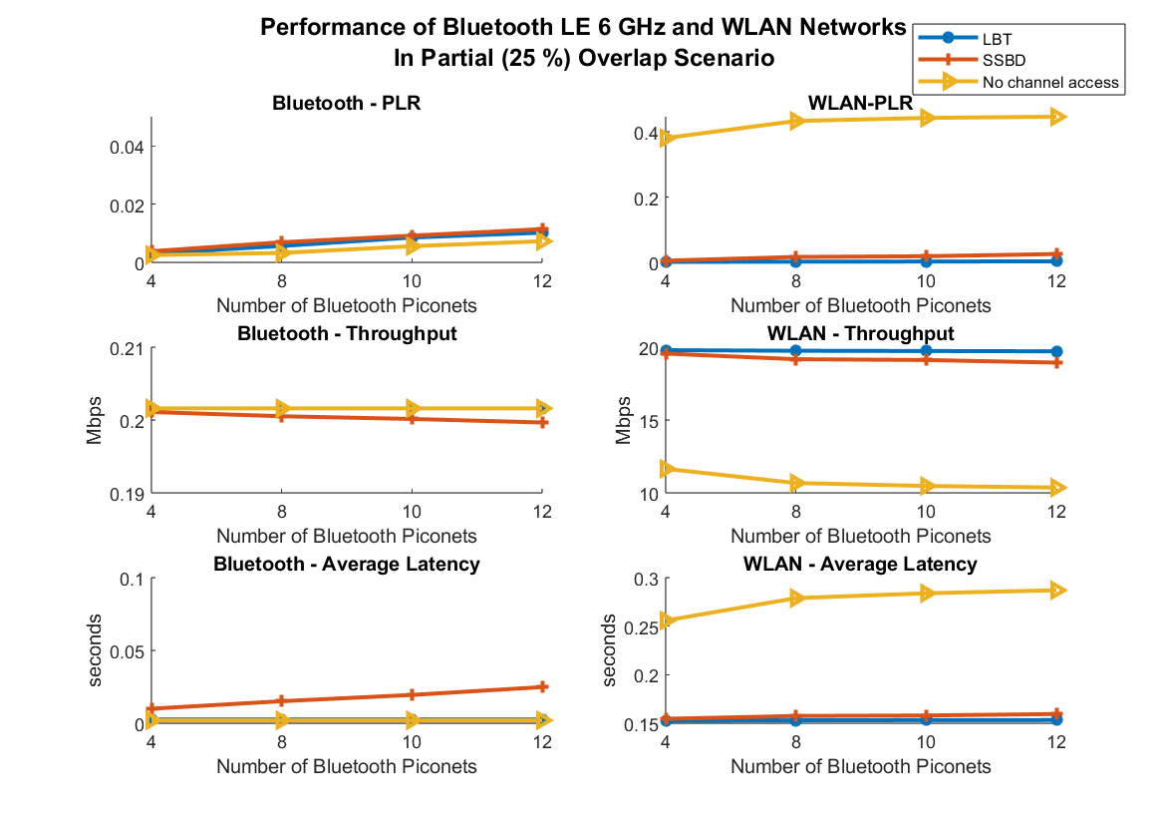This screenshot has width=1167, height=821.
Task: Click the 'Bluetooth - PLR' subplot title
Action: [346, 103]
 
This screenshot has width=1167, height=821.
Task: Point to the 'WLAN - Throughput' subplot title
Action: [860, 333]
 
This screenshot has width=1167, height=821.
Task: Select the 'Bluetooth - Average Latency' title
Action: [346, 565]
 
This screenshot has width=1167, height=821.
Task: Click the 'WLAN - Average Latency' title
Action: [860, 565]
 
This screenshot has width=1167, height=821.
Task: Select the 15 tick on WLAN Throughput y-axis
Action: [648, 421]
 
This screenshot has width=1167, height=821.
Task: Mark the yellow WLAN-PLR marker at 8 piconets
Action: [797, 121]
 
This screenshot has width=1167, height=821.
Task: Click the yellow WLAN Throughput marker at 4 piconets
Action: [667, 468]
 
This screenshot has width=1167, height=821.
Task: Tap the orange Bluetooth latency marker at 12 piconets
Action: [542, 686]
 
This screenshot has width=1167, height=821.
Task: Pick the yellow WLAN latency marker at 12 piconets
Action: [1056, 590]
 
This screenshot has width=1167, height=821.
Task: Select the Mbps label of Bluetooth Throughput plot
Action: [96, 421]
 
